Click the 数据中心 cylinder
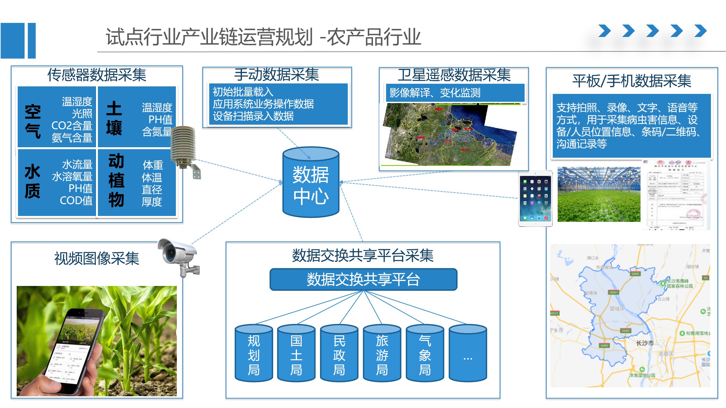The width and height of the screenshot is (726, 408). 310,183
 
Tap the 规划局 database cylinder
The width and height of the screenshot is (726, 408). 254,354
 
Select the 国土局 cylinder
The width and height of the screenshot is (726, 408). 296,354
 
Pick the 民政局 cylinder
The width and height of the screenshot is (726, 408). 339,354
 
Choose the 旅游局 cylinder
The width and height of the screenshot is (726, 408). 382,354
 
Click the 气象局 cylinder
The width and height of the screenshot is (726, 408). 425,354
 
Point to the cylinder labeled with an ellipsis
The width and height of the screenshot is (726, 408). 468,354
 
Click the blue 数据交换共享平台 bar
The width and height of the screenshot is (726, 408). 363,279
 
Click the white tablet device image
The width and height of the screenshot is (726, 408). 535,199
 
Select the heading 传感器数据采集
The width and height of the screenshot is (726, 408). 97,75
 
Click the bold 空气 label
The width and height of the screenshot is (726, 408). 33,121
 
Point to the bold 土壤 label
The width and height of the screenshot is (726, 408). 114,118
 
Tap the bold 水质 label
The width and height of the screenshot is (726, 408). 32,181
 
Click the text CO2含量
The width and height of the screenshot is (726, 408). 72,126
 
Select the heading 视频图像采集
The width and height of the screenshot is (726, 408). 97,258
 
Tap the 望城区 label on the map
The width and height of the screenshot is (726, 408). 617,309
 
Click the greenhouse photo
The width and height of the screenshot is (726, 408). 599,194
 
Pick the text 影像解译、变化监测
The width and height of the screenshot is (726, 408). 435,93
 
